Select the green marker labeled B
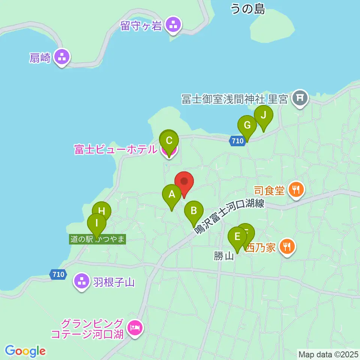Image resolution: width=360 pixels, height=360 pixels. point(193,211)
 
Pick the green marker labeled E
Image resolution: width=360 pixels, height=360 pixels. point(237,237)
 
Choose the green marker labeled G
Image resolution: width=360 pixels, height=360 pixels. point(247,125)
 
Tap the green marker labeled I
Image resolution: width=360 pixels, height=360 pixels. point(97,223)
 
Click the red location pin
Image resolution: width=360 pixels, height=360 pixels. point(184,182)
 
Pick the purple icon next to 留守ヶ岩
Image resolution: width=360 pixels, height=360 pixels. point(173,25)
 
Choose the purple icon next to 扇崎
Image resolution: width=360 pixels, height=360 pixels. point(62,57)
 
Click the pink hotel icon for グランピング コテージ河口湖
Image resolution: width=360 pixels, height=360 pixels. point(134,328)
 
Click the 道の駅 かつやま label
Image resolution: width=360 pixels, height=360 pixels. point(97,239)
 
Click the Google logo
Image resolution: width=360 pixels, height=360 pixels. point(25,351)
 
